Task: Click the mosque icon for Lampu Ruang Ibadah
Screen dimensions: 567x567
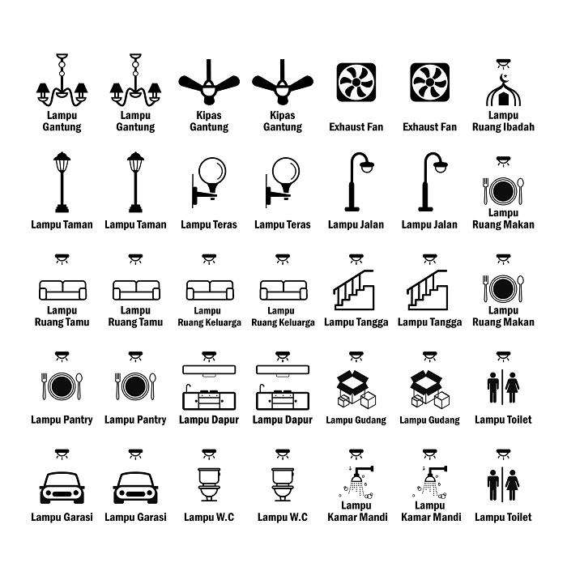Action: pos(503,92)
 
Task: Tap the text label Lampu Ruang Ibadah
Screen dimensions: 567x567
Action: pos(503,122)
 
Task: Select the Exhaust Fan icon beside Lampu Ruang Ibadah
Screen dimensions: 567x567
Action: pos(429,82)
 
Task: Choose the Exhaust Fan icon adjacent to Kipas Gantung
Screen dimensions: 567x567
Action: pos(356,82)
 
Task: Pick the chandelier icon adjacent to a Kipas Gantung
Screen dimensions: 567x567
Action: pos(135,85)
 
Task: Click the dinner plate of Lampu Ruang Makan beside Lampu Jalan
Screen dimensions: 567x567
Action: pos(503,191)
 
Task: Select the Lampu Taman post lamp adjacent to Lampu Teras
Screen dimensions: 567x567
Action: pos(135,181)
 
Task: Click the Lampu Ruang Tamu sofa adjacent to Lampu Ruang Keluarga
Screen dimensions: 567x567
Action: pos(135,290)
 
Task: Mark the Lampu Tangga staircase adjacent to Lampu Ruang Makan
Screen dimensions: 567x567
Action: pos(429,290)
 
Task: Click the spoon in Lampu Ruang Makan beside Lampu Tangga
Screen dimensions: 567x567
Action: pos(521,288)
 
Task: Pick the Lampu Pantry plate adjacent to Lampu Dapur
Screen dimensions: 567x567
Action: pos(135,386)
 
